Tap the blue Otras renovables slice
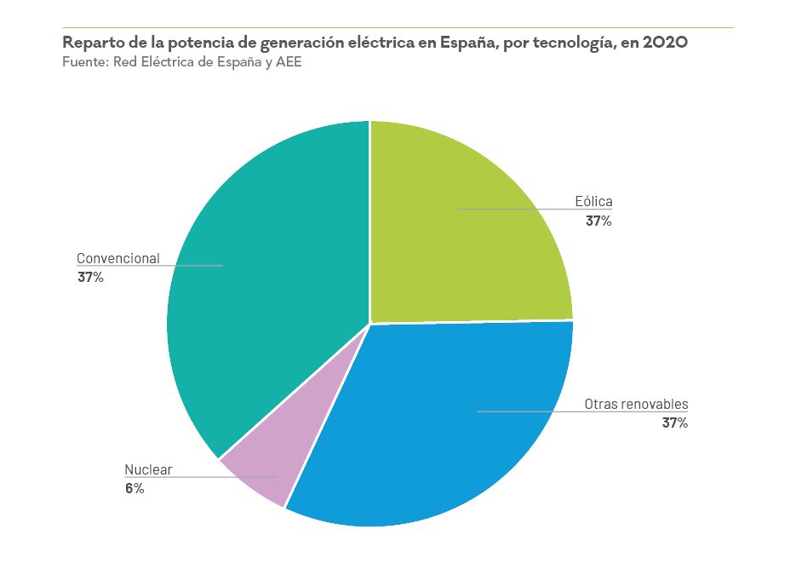tap(426, 426)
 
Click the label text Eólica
tap(594, 202)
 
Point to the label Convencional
tap(118, 258)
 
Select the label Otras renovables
tap(636, 404)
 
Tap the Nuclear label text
tap(148, 469)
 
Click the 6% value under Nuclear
tap(135, 488)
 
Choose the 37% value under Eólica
tap(598, 221)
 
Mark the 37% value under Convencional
tap(90, 277)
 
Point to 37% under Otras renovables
tap(674, 423)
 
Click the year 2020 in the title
tap(665, 43)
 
